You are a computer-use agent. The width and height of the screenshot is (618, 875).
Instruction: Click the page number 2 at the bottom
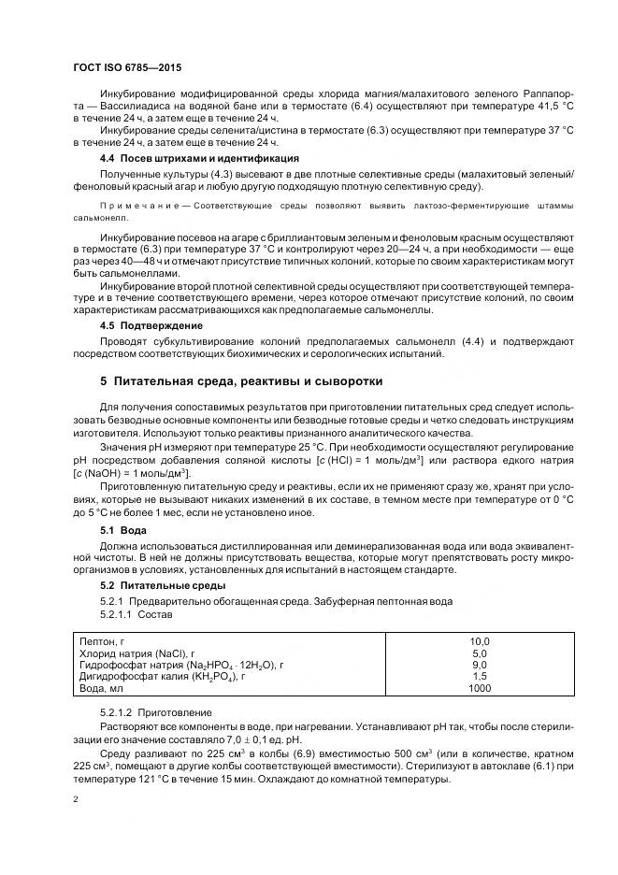(x=76, y=799)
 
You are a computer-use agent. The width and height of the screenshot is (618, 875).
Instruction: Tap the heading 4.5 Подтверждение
(x=137, y=324)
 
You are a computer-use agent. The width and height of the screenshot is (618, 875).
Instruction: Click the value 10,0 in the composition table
(x=479, y=641)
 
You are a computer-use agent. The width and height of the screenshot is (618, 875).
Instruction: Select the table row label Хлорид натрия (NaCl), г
(x=137, y=653)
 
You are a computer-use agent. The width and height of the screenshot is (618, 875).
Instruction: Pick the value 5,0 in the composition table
(x=479, y=653)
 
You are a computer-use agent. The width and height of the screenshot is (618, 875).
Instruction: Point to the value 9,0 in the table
(x=479, y=664)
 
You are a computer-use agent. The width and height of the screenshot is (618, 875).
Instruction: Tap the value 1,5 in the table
(x=479, y=675)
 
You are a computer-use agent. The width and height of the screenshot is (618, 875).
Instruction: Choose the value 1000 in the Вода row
(x=479, y=687)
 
